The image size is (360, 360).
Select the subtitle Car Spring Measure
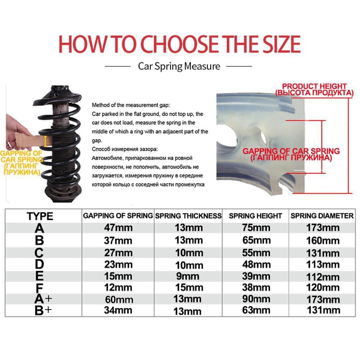tap(179, 66)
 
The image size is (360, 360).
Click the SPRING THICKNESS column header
tap(188, 216)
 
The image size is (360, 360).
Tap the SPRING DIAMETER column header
tap(322, 216)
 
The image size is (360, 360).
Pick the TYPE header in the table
tap(40, 216)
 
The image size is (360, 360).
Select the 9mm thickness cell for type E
tap(188, 276)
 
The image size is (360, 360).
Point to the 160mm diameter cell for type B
tap(323, 240)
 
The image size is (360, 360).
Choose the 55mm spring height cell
tap(256, 253)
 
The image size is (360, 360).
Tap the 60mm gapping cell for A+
tap(119, 300)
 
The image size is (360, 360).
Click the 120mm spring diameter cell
tap(323, 287)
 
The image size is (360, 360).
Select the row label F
tap(40, 288)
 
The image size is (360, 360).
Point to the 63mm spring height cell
tap(256, 310)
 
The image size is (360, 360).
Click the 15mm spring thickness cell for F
tap(188, 287)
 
